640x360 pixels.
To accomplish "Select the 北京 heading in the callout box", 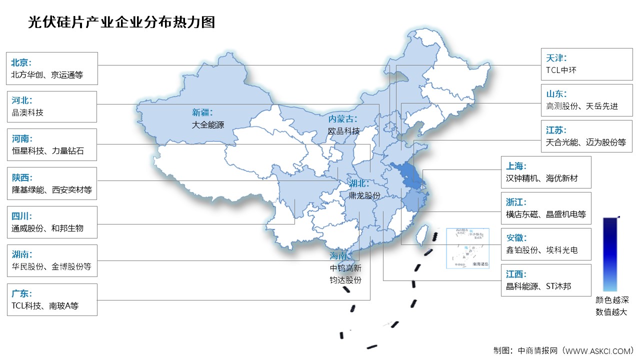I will pos(21,62).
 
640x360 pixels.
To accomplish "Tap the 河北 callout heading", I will pos(21,100).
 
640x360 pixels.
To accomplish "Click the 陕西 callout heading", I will pos(21,177).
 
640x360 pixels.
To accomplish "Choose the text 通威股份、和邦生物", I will pos(47,228).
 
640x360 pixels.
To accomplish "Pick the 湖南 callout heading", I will pos(21,254).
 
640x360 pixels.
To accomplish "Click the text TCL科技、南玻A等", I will pos(45,305).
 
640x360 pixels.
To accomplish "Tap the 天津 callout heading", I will pos(556,58).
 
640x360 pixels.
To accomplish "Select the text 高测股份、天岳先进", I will pos(582,106).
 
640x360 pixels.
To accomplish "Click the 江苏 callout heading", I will pos(556,130).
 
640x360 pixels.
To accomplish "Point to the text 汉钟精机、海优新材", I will pos(542,178).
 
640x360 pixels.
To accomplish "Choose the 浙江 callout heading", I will pos(516,202).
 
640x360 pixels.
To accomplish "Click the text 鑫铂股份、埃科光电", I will pos(542,250).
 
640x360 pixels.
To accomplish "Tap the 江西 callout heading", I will pos(516,274).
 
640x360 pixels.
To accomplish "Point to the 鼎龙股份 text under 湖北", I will pos(364,195).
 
